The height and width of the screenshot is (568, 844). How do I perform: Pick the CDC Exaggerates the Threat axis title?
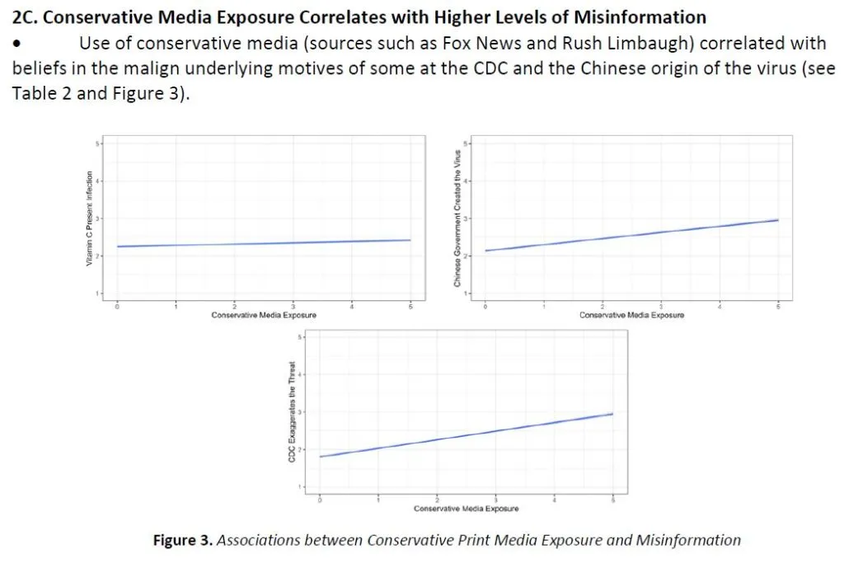[x=292, y=412]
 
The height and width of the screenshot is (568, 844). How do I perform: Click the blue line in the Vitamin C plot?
[x=264, y=243]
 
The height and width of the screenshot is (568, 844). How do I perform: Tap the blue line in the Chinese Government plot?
[x=631, y=232]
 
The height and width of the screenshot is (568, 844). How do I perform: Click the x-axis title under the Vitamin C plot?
[x=264, y=315]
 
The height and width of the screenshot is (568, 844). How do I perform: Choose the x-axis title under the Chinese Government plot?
[x=631, y=315]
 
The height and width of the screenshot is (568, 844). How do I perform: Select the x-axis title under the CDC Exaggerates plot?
[x=467, y=509]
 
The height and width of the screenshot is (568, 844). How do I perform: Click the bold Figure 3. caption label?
[x=183, y=541]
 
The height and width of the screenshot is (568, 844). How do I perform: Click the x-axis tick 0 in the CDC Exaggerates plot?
[x=320, y=499]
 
